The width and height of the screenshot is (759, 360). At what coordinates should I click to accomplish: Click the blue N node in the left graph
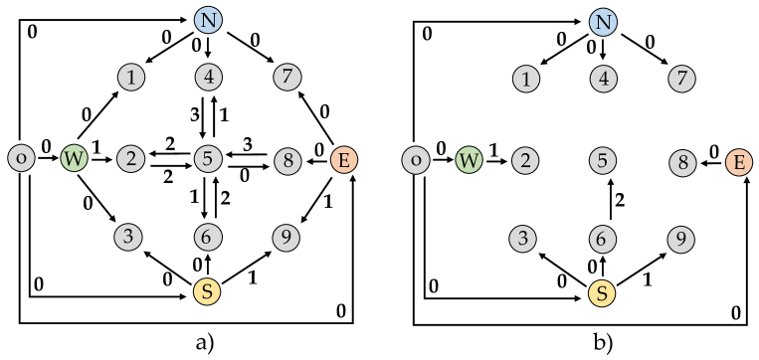[207, 20]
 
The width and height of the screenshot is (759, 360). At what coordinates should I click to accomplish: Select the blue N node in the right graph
[603, 22]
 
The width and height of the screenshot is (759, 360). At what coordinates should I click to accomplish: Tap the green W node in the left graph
[74, 158]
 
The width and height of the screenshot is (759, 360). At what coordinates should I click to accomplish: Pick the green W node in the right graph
[470, 159]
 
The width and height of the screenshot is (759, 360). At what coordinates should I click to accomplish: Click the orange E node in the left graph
[343, 159]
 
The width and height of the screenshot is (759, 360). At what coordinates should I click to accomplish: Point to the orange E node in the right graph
[738, 162]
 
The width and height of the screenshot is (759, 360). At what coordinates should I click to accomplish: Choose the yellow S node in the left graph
[207, 291]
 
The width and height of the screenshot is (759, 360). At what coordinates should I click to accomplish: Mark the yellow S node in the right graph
[602, 293]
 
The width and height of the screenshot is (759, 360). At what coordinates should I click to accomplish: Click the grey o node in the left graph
[21, 157]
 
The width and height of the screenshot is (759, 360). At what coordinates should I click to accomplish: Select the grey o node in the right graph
[416, 159]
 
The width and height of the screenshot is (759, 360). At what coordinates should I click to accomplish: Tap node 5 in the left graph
[208, 157]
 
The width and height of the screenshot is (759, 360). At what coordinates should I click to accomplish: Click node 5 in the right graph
[603, 159]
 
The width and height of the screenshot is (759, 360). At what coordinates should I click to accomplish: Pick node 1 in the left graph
[130, 77]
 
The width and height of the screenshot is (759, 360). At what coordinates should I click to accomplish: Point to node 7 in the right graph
[681, 78]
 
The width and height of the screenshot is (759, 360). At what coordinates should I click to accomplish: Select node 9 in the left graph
[285, 238]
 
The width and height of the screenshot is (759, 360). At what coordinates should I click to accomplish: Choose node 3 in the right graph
[523, 239]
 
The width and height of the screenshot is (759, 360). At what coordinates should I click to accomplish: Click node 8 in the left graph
[287, 160]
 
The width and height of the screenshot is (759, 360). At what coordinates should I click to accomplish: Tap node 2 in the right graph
[524, 160]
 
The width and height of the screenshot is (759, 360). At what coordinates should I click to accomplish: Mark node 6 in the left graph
[207, 238]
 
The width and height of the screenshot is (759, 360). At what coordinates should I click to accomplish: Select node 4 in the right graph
[603, 79]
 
